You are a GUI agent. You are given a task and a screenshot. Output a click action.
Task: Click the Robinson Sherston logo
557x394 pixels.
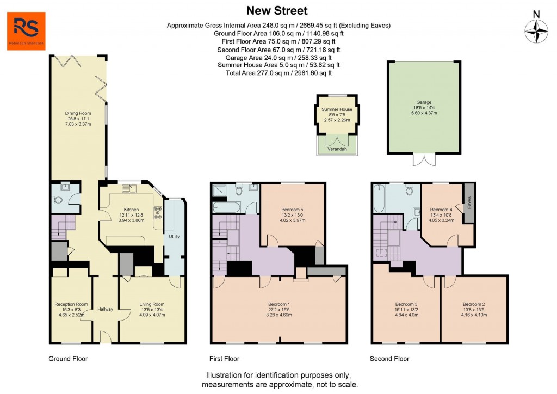click(26, 31)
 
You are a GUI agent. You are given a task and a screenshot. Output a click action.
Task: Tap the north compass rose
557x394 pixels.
click(536, 30)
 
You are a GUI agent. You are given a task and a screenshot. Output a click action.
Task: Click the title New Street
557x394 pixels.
click(277, 10)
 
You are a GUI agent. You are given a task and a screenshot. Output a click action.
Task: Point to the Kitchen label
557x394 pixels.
click(132, 210)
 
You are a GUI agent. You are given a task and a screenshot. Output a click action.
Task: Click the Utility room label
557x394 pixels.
click(174, 236)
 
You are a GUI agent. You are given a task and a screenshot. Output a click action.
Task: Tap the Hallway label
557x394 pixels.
click(105, 309)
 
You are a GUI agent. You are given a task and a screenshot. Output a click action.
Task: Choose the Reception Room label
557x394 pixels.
click(71, 304)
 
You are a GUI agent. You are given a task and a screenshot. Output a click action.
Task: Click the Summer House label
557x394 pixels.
click(337, 109)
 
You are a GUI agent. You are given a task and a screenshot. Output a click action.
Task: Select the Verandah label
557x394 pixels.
click(337, 148)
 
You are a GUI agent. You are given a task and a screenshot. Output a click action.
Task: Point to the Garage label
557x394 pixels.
click(424, 102)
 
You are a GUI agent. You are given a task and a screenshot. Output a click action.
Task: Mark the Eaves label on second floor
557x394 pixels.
click(468, 202)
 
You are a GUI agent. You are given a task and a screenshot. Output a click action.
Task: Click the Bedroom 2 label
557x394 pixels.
click(474, 304)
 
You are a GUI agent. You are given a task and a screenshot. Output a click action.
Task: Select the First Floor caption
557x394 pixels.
click(224, 359)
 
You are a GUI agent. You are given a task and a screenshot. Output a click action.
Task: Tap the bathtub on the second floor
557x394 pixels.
click(380, 201)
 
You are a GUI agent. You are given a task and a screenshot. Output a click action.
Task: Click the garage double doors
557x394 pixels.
click(423, 159)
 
